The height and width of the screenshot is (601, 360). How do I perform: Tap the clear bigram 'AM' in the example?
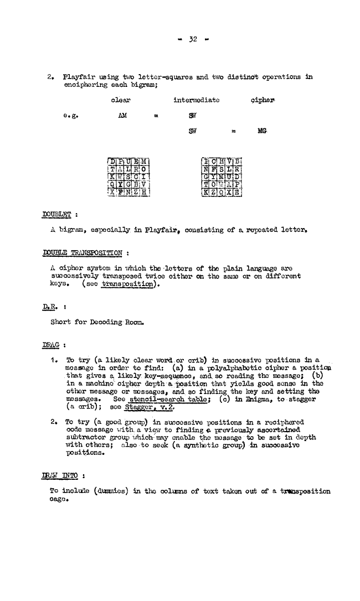124,117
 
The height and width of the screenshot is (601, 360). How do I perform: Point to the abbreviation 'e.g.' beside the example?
70,117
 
